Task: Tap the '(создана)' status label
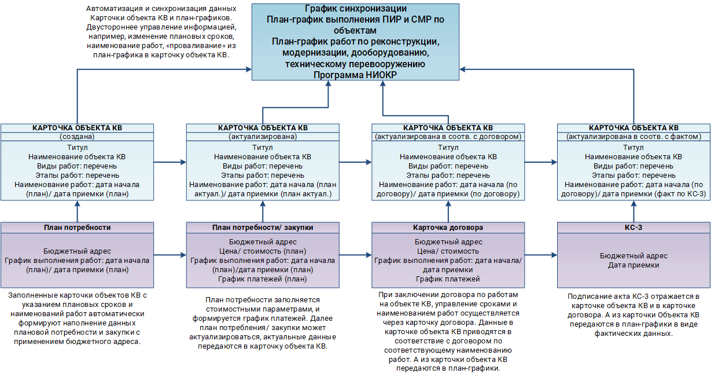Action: coord(77,137)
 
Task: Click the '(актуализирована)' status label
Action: coord(263,137)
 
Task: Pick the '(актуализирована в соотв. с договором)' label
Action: coord(448,137)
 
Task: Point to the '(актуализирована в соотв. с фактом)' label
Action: coord(633,137)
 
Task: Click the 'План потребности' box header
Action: coord(77,228)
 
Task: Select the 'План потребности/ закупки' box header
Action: coord(263,228)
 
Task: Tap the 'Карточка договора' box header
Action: coord(448,228)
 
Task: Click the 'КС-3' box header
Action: coord(633,228)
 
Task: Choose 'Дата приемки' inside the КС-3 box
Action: coord(633,265)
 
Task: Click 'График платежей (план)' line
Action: coord(263,279)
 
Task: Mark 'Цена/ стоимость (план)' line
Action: coord(263,251)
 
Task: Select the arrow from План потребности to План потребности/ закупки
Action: coord(170,255)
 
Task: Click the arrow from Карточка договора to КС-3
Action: coord(540,255)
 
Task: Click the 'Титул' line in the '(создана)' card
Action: coord(77,148)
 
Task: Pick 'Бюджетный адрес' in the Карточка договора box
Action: coord(448,242)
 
